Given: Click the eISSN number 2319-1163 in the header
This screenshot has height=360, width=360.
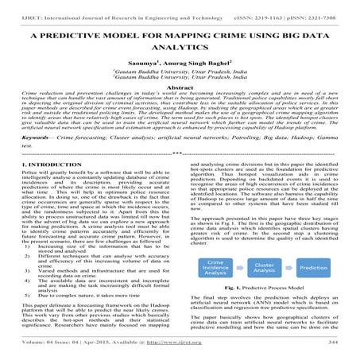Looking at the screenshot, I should pos(267,8).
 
